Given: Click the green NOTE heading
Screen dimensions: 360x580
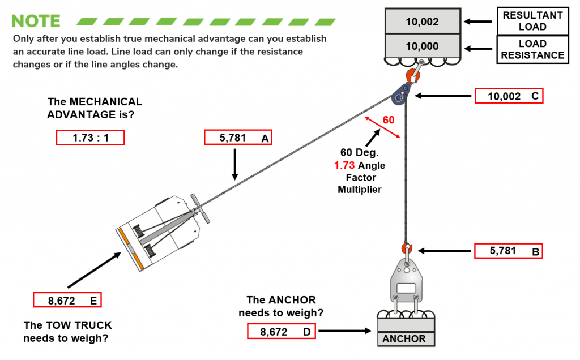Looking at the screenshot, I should point(36,21).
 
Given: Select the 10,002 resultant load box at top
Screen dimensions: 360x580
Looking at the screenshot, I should point(422,22).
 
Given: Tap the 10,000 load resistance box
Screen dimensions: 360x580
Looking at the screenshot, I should point(422,46).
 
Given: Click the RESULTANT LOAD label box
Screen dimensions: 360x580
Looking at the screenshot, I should point(532,21).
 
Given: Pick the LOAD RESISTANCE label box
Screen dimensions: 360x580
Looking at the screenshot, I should point(532,49).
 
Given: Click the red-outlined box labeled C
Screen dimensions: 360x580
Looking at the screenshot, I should point(508,96).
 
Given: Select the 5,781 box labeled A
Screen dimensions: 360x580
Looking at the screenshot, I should point(238,138).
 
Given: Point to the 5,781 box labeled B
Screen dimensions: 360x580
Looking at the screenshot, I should point(508,251).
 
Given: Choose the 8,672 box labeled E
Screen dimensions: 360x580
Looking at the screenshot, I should point(67,300).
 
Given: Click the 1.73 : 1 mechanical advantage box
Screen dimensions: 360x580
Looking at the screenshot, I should point(90,138).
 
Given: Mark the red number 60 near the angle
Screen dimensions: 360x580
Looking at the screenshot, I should point(389,120).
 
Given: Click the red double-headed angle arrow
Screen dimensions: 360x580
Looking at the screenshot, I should point(383,127).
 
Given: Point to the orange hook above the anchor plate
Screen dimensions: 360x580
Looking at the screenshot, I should point(406,248).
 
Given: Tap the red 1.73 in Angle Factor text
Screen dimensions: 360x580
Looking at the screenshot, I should point(344,165).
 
